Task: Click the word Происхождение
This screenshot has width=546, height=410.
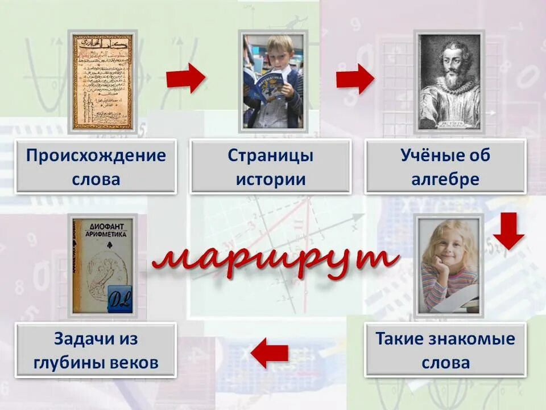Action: (x=96, y=155)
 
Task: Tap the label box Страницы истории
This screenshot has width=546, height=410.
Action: (x=270, y=167)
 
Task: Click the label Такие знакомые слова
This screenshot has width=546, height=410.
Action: (x=445, y=351)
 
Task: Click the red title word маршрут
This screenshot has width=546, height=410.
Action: (x=275, y=260)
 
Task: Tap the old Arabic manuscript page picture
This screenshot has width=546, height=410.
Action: (x=102, y=81)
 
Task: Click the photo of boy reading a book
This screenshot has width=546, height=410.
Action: (x=272, y=81)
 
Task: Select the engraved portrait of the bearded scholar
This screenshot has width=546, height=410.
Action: (x=449, y=81)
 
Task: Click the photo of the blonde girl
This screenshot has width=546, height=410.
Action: (x=449, y=265)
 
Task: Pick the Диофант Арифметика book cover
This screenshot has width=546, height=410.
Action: (x=102, y=265)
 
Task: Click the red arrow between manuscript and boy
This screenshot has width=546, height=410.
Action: (x=185, y=78)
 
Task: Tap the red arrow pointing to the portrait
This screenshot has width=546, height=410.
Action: (x=355, y=78)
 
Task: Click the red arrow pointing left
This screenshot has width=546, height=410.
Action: (x=270, y=352)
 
